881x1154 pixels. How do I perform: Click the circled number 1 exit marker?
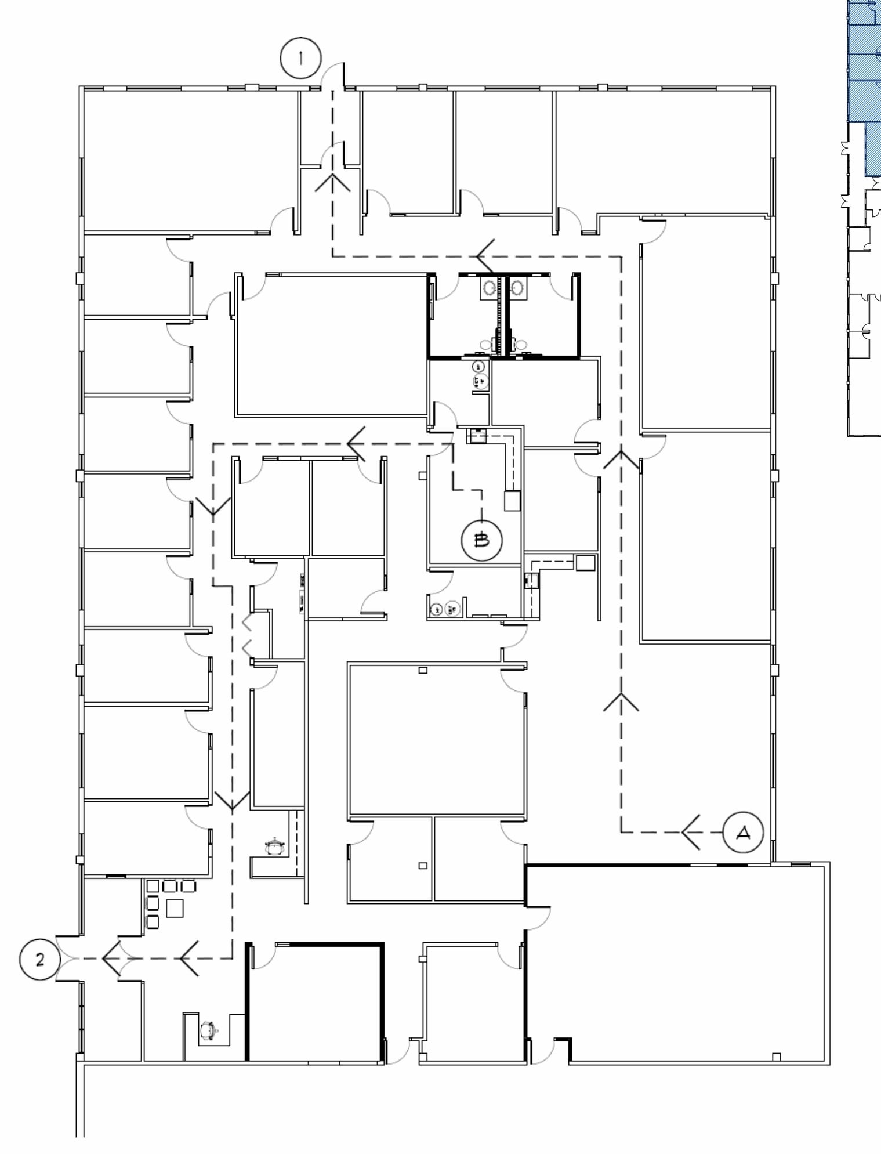pyautogui.click(x=300, y=58)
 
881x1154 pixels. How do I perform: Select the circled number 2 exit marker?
pyautogui.click(x=39, y=959)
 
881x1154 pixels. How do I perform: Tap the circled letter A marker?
pyautogui.click(x=743, y=833)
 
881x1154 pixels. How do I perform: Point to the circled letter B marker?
pyautogui.click(x=481, y=541)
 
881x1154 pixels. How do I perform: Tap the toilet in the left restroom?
pyautogui.click(x=486, y=345)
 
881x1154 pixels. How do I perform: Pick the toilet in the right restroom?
pyautogui.click(x=521, y=345)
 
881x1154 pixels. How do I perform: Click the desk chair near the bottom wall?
pyautogui.click(x=208, y=1030)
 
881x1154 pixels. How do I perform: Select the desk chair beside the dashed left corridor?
pyautogui.click(x=273, y=846)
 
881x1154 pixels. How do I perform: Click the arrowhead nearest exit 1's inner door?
pyautogui.click(x=332, y=182)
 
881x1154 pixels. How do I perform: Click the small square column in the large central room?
pyautogui.click(x=423, y=670)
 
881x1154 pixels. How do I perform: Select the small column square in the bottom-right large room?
pyautogui.click(x=777, y=1056)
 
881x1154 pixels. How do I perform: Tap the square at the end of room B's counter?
pyautogui.click(x=512, y=500)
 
